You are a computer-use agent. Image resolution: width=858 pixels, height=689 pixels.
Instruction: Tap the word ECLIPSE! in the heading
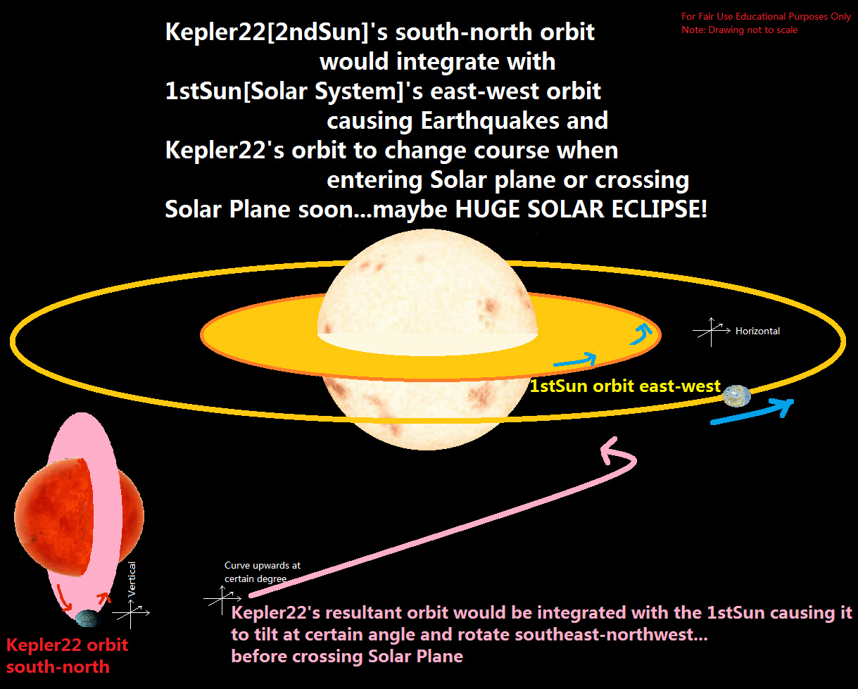tap(660, 209)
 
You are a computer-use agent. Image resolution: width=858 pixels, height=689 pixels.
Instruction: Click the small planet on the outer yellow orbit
tap(737, 396)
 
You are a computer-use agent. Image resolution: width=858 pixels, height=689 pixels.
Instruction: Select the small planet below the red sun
tap(88, 618)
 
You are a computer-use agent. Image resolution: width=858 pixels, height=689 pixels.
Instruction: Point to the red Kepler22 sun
tap(79, 517)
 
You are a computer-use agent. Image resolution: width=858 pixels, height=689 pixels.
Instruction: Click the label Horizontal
tap(757, 331)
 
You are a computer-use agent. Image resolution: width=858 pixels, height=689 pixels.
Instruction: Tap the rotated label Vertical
tap(132, 579)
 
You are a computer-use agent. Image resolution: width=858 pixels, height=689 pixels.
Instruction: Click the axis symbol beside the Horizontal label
tap(712, 331)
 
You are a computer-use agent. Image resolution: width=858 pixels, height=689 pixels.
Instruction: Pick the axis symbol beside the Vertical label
tap(131, 614)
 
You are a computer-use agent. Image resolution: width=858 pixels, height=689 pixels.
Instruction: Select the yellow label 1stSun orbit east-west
tap(625, 386)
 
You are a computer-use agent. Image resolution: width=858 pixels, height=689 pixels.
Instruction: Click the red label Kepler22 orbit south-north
tap(67, 655)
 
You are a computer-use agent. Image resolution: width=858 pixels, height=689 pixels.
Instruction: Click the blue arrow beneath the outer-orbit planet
tap(752, 412)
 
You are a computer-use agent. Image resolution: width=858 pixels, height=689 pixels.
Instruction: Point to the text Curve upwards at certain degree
tap(263, 571)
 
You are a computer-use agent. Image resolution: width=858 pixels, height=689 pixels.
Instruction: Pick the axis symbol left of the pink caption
tap(222, 600)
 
